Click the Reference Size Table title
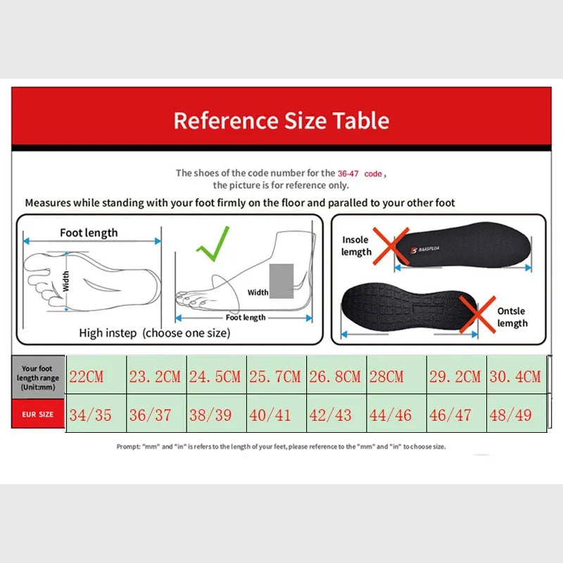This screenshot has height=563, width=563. tap(281, 120)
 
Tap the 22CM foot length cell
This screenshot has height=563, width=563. tap(86, 377)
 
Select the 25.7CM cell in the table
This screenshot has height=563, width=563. tap(275, 377)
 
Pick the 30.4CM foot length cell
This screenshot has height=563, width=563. tap(515, 377)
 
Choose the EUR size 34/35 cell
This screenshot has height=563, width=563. tap(90, 415)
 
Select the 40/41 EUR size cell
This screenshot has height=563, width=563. tap(270, 415)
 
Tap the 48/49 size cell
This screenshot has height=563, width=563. tap(511, 415)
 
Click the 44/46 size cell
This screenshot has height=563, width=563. tap(391, 415)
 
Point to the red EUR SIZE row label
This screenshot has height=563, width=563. tap(37, 415)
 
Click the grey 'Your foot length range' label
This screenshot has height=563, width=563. tap(37, 377)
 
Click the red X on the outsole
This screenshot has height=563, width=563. tap(477, 315)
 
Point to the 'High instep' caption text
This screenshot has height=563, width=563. tap(154, 333)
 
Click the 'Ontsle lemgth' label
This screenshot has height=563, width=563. tap(512, 317)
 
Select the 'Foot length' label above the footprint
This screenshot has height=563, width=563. tap(89, 233)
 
